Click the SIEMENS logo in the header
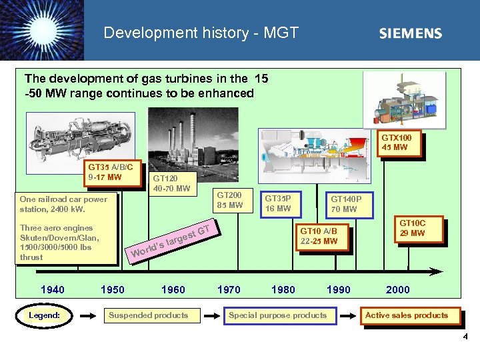click(x=410, y=33)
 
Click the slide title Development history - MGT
click(x=201, y=33)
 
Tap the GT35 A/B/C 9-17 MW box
click(x=114, y=173)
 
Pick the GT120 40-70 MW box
click(x=171, y=183)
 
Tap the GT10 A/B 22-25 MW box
click(x=322, y=237)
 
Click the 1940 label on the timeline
click(x=53, y=289)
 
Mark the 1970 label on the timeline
click(x=229, y=289)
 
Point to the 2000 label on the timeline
click(x=398, y=289)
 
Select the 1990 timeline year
click(x=339, y=289)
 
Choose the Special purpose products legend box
click(x=277, y=315)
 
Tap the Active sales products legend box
click(x=406, y=315)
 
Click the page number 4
click(x=465, y=337)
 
